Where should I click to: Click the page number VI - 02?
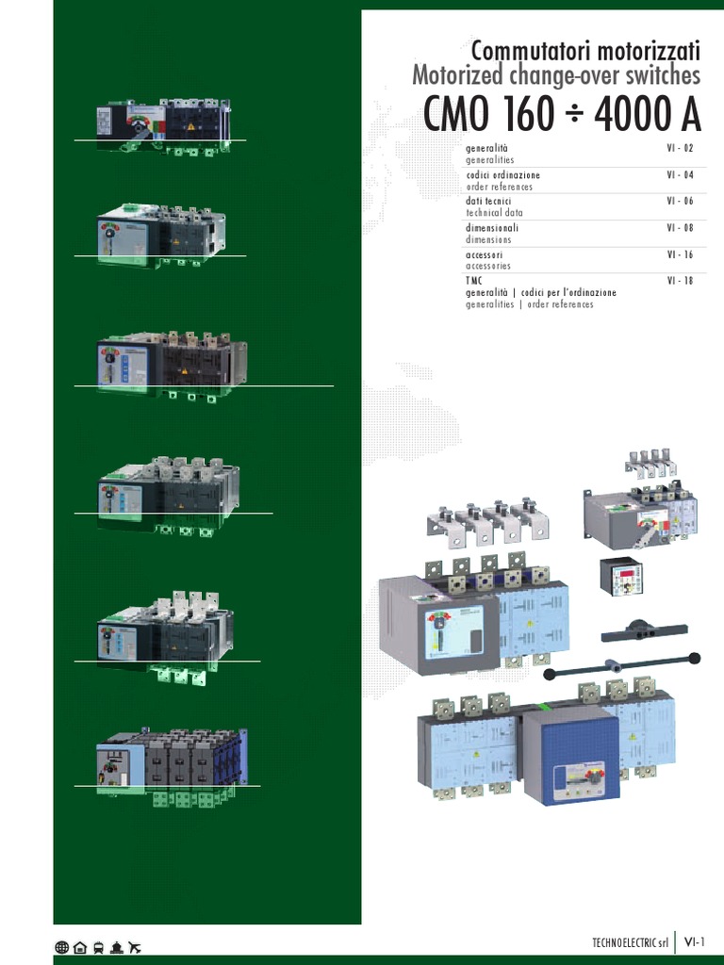(x=679, y=149)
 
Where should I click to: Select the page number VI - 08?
(x=679, y=228)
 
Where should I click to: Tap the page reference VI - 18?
(x=679, y=281)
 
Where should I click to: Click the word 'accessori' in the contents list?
(x=484, y=254)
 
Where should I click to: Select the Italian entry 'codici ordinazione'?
(x=503, y=175)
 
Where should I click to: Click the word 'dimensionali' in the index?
(x=492, y=228)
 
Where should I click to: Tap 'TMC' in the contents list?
(x=473, y=281)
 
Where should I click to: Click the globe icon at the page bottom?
(x=62, y=947)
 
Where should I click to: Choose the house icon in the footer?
(x=80, y=947)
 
